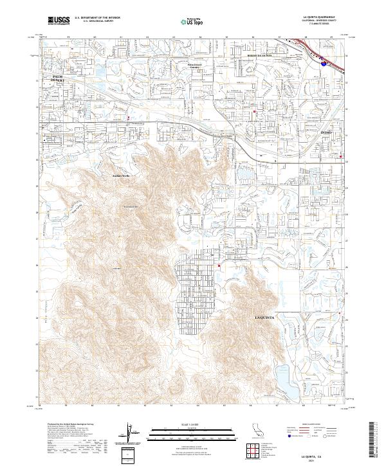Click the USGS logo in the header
[x=59, y=21]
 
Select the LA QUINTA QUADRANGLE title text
[x=324, y=17]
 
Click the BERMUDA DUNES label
[x=261, y=56]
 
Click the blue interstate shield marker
[x=322, y=62]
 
